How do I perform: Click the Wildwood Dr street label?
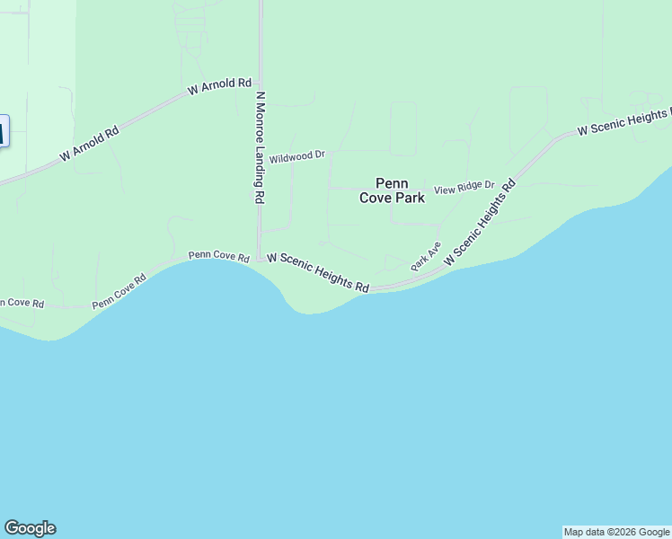point(296,156)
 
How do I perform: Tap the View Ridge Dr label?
point(464,189)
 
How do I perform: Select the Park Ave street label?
point(426,257)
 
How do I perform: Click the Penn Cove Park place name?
point(392,190)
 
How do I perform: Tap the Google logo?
point(30,528)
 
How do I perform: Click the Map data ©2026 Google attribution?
point(617,532)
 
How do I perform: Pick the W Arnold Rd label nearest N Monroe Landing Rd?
point(219,87)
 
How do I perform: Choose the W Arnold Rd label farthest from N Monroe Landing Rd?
point(90,144)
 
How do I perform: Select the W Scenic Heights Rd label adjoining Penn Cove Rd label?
point(318,271)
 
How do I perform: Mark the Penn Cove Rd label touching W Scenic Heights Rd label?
point(218,257)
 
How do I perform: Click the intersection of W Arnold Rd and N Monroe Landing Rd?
point(260,80)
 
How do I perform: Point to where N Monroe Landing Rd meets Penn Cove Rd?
point(260,259)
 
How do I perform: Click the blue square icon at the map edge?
point(3,132)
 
